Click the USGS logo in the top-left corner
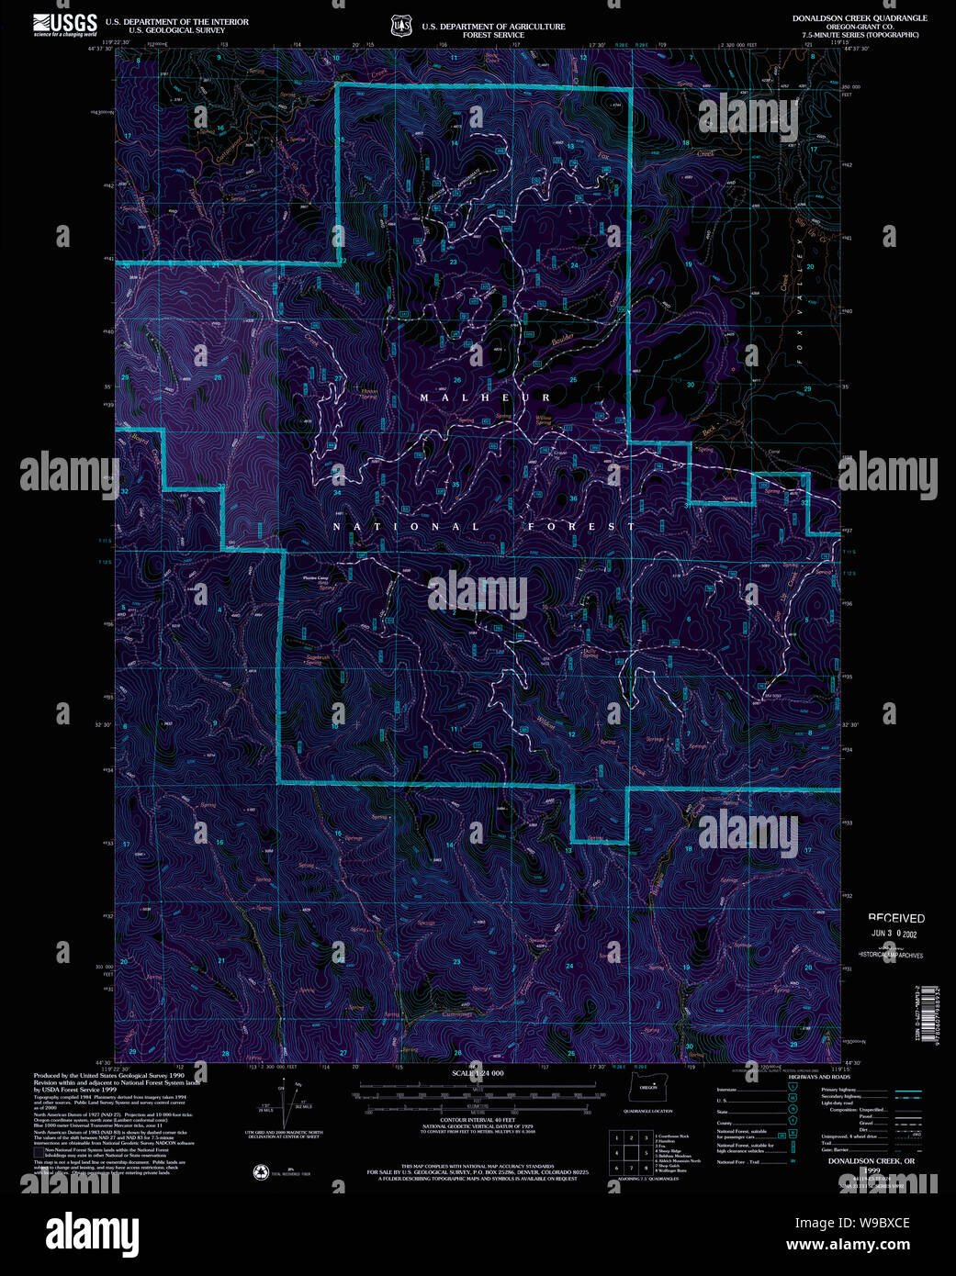tap(64, 24)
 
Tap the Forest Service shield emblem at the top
tap(400, 27)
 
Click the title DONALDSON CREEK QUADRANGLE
tap(860, 18)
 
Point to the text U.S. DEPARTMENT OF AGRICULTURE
tap(493, 27)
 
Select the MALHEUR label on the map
tap(486, 397)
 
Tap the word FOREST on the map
tap(581, 527)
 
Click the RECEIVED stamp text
tap(896, 918)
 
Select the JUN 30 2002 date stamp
tap(894, 935)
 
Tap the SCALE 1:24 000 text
tap(477, 1073)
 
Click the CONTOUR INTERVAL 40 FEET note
tap(478, 1121)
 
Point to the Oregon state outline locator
tap(648, 1089)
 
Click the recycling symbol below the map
tap(261, 1171)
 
